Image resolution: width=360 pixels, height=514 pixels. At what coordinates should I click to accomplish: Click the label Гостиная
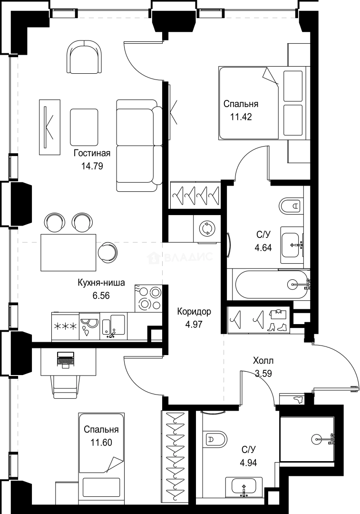pos(92,153)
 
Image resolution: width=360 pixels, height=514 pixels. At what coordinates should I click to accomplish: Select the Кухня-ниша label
pos(101,283)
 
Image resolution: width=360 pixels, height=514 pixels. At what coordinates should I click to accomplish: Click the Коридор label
pos(194,312)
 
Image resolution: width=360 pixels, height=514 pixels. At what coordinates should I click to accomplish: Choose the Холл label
pos(263,361)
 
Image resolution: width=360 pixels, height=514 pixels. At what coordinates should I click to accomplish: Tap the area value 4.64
pos(263,247)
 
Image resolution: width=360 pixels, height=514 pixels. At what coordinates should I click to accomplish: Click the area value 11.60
pos(101,442)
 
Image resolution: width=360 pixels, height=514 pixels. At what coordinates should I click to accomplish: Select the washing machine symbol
pos(207,228)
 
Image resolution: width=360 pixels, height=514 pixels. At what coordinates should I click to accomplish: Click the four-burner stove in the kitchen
pos(149,298)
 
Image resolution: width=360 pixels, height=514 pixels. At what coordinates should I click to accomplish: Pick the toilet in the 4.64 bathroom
pos(291,206)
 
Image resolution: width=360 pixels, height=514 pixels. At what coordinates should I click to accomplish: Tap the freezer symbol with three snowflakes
pos(64,326)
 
